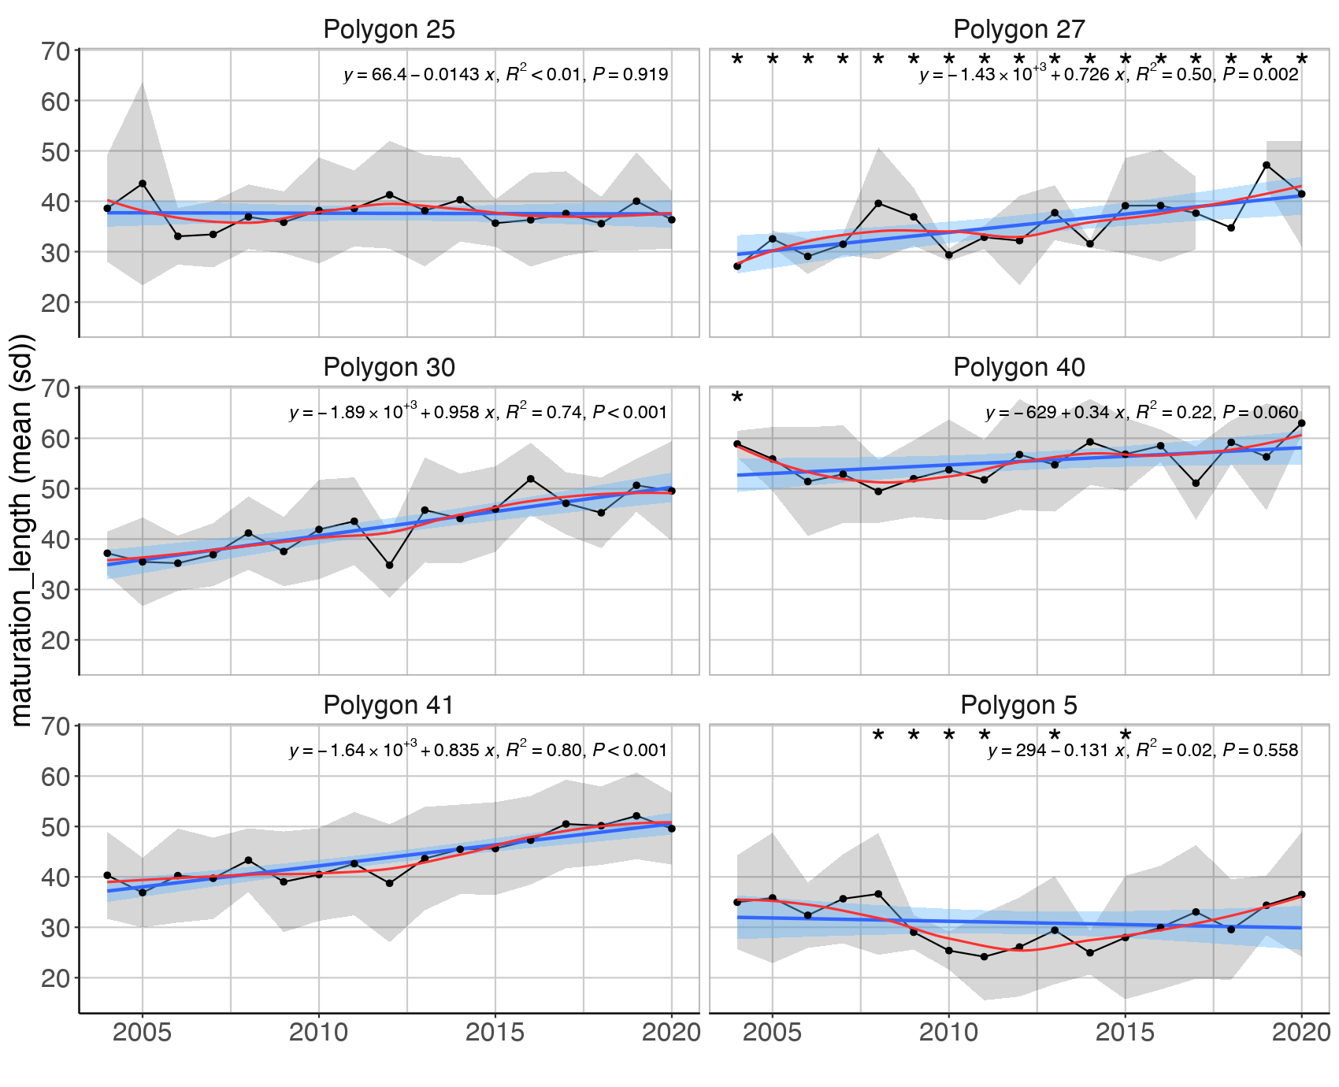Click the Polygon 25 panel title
[389, 30]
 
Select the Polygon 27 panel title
[1019, 30]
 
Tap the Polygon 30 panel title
[389, 368]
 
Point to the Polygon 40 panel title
[1019, 368]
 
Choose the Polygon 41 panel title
[389, 705]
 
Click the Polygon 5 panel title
[1019, 705]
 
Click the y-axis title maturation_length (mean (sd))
[22, 530]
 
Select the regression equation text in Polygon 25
[506, 75]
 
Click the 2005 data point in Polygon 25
[143, 184]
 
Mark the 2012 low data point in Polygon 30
[389, 565]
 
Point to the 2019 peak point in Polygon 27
[1267, 165]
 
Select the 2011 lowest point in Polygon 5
[985, 957]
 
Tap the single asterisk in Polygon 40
[737, 398]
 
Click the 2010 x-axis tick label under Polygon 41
[319, 1033]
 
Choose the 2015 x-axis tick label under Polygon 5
[1126, 1033]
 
